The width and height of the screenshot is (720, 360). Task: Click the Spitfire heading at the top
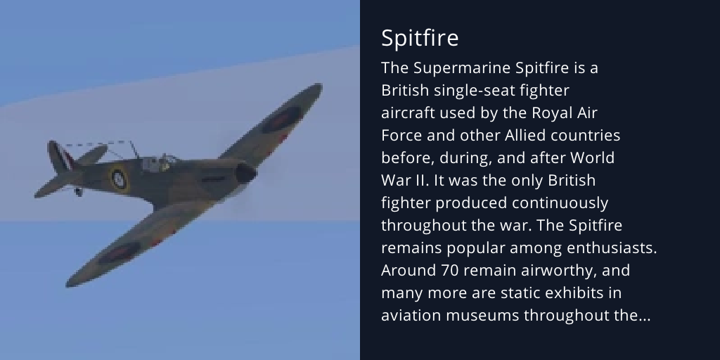pos(420,38)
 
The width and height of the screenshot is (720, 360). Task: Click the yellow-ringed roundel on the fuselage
pos(119,179)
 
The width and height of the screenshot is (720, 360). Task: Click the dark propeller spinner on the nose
pos(245,173)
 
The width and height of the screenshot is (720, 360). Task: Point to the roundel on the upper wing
pos(281,120)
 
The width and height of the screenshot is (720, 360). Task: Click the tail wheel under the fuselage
pos(78,191)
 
